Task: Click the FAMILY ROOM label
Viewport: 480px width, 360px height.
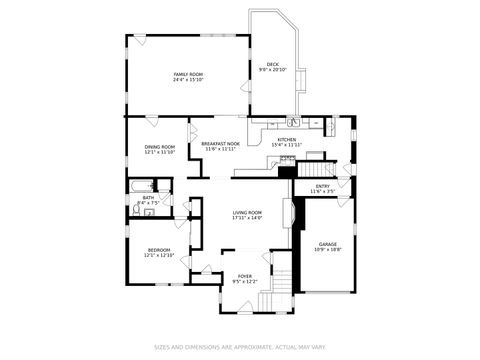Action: [187, 74]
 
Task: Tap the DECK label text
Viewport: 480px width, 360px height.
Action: [272, 64]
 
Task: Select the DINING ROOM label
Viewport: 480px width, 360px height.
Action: [159, 147]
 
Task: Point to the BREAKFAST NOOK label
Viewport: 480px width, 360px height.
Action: [220, 144]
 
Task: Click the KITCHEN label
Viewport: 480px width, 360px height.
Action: [286, 139]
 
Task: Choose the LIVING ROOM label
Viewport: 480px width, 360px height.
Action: [247, 212]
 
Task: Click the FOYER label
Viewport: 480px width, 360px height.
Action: [245, 277]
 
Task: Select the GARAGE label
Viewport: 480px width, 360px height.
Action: [327, 243]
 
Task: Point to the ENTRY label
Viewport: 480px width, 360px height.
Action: [322, 185]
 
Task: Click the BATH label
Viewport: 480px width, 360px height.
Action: [148, 197]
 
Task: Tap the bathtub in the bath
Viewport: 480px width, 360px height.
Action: [139, 185]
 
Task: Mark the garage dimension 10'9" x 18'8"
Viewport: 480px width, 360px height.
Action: [327, 249]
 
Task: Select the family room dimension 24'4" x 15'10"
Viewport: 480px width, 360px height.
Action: [187, 80]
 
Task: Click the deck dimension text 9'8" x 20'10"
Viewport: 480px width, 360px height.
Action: [272, 70]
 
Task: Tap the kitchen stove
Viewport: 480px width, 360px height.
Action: [289, 158]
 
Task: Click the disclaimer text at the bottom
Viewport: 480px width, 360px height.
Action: [239, 347]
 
